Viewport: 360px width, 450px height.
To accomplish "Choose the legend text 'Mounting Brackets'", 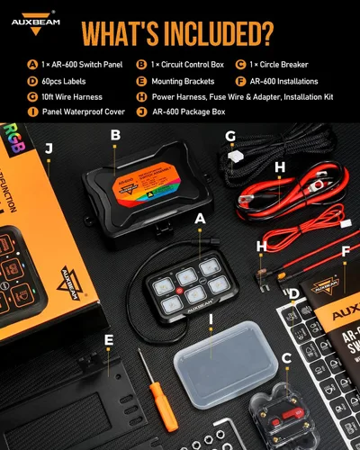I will (181, 81).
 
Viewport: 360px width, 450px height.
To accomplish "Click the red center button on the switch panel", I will (191, 292).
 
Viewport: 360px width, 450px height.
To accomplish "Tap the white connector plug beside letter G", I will (236, 156).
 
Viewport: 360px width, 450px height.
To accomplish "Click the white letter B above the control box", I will (115, 136).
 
